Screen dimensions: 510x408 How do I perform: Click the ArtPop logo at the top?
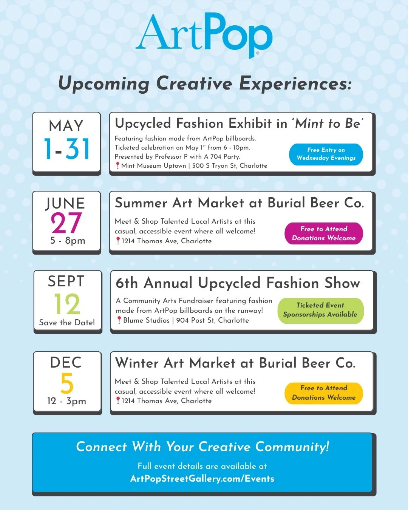click(x=204, y=35)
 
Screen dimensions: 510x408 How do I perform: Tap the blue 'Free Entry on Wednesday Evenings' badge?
click(x=326, y=154)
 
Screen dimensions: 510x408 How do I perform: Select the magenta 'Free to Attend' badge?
click(x=324, y=233)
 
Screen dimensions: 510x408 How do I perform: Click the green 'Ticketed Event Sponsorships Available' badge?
click(x=320, y=310)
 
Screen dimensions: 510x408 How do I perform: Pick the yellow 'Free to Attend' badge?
click(x=324, y=393)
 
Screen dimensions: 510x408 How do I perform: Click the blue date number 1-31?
click(x=67, y=149)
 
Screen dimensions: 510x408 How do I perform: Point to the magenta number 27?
click(x=66, y=223)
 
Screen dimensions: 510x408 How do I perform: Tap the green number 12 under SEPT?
click(x=67, y=304)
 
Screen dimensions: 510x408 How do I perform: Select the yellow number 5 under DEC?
click(x=67, y=383)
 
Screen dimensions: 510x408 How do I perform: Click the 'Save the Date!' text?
click(x=67, y=323)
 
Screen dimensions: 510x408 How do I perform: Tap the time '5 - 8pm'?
click(x=68, y=241)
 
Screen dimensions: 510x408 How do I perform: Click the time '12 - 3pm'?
click(x=67, y=401)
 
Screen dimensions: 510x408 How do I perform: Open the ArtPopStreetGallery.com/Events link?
click(x=202, y=479)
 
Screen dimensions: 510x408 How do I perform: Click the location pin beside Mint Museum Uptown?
click(x=117, y=165)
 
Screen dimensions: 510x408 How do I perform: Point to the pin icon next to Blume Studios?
click(x=119, y=320)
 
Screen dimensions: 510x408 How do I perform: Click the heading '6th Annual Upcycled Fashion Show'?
click(x=238, y=283)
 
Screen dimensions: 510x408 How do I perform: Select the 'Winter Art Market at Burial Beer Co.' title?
click(x=235, y=363)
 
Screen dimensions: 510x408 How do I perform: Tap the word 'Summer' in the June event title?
click(x=141, y=203)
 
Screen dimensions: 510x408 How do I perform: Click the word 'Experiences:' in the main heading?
click(x=295, y=83)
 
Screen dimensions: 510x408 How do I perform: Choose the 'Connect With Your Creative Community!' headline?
click(x=202, y=447)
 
